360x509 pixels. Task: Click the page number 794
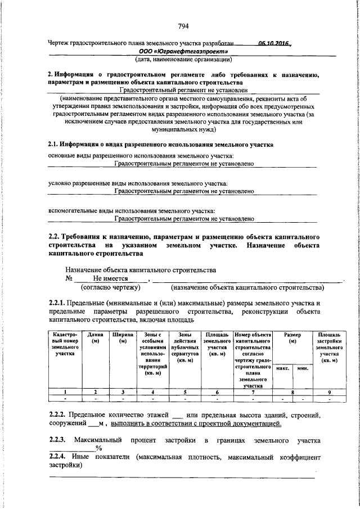(x=183, y=26)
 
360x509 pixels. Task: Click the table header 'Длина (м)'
(x=96, y=338)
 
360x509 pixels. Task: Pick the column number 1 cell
(x=65, y=391)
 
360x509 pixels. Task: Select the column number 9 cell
(x=328, y=391)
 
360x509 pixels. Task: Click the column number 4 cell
(x=153, y=391)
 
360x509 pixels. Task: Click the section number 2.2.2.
(x=58, y=415)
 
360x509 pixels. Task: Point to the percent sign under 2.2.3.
(x=98, y=448)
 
